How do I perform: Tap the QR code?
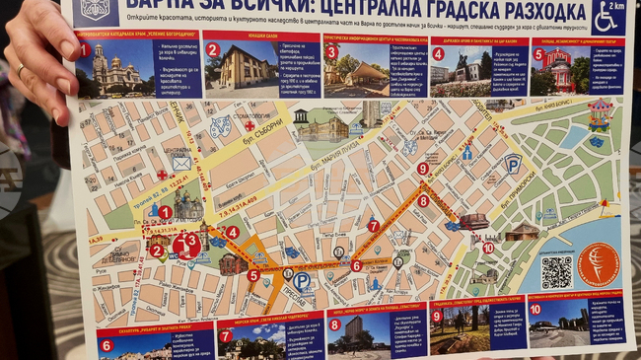[556, 271]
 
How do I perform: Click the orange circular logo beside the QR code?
[599, 265]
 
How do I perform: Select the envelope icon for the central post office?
[182, 162]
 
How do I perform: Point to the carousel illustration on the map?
[600, 114]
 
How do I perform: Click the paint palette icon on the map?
[220, 126]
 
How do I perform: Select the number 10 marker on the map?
[488, 248]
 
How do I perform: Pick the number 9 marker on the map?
[422, 169]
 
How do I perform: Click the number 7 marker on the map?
[373, 226]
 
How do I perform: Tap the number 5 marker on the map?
[252, 275]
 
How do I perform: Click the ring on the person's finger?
[21, 69]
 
